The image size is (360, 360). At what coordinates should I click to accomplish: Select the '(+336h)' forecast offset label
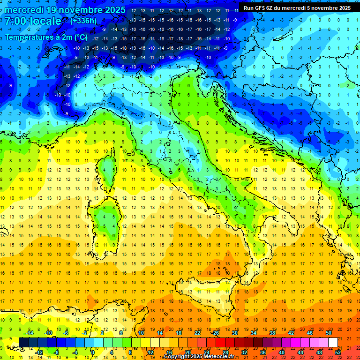point(83,21)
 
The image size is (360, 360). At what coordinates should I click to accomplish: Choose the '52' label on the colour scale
point(338,352)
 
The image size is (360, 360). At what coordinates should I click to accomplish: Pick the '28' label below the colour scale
point(225,352)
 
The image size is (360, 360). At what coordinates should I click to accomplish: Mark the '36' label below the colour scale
point(262,352)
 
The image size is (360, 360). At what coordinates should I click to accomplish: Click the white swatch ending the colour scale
point(333,343)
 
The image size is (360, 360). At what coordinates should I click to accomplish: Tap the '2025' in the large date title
point(112,10)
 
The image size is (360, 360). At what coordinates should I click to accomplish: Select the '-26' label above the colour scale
point(216,333)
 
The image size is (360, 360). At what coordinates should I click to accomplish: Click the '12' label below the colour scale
point(150,352)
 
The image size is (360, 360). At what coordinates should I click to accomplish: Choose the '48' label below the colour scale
point(319,352)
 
